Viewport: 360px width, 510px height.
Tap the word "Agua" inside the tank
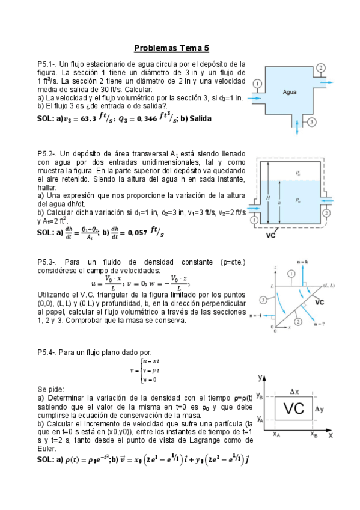click(x=290, y=92)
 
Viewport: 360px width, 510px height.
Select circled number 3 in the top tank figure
click(x=312, y=123)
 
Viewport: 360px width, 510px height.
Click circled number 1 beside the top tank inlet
click(x=258, y=84)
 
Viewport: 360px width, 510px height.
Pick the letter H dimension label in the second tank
click(x=267, y=197)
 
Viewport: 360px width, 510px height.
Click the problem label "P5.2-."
click(x=47, y=154)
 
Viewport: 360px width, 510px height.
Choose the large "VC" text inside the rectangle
click(x=293, y=409)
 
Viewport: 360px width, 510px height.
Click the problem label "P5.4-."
click(x=47, y=352)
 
